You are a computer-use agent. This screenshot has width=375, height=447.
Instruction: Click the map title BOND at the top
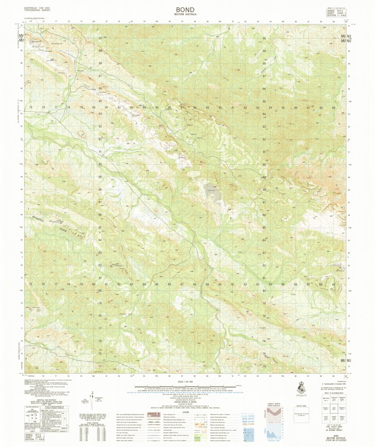coord(185,10)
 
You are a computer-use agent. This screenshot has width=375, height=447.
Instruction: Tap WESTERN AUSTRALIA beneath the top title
coord(185,15)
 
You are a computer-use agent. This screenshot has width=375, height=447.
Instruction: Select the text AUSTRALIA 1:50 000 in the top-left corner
coord(37,7)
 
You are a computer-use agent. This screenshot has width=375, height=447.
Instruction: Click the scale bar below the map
coord(186,386)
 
